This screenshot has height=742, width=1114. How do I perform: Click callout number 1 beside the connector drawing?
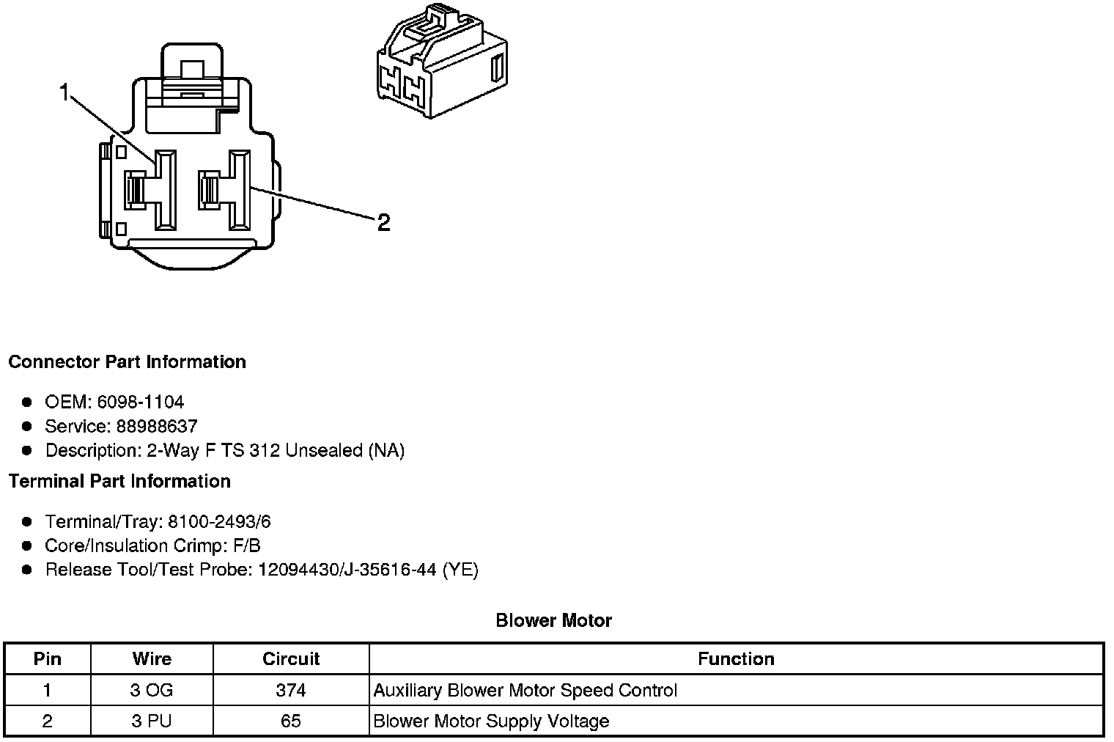point(65,93)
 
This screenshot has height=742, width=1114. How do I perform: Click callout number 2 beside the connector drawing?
point(383,222)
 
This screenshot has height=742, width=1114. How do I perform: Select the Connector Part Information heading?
point(127,362)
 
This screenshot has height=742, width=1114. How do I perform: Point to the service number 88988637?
point(157,426)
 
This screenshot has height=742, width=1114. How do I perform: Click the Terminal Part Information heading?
point(119,481)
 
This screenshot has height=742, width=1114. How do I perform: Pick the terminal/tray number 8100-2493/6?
point(219,521)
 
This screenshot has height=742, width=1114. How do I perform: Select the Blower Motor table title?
point(553,620)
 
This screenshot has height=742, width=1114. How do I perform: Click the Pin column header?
point(48,658)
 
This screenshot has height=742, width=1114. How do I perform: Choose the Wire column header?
point(152,658)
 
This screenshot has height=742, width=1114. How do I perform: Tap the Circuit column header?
point(291,658)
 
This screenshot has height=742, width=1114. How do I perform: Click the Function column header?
point(736,658)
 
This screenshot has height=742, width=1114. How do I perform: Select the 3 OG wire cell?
point(152,690)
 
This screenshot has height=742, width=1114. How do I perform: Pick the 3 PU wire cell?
point(152,721)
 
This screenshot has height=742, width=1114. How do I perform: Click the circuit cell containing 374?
point(291,690)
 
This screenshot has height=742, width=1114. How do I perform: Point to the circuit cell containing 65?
point(291,721)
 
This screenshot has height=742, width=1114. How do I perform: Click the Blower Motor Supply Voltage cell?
point(491,721)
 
